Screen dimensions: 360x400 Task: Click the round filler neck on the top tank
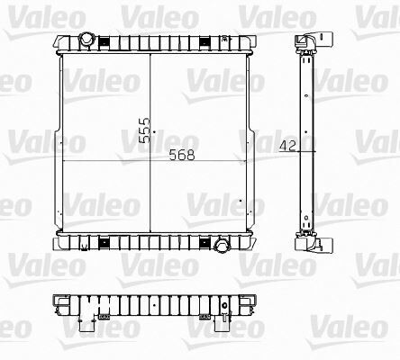pos(86,40)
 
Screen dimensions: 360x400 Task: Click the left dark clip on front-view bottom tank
pos(101,241)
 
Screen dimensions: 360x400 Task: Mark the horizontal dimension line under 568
pos(153,161)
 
